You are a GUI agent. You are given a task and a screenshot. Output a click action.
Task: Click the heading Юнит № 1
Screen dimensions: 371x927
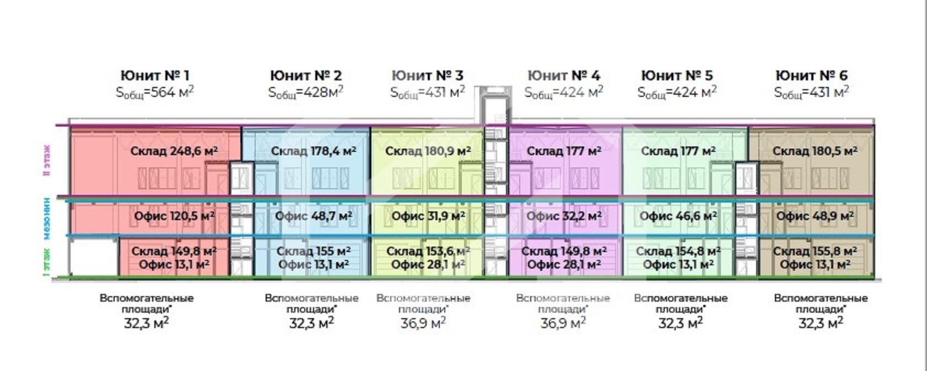pos(155,75)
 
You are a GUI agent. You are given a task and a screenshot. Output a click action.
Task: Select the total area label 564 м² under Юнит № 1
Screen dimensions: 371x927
pos(155,92)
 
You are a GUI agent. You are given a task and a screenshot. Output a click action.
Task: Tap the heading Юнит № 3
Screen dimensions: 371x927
pos(427,75)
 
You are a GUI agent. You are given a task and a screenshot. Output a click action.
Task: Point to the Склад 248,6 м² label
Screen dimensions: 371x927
pos(174,151)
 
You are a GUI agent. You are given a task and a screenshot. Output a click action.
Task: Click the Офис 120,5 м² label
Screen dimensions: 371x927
pos(174,216)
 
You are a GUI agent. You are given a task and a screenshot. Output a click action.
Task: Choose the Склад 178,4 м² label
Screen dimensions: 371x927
pos(313,151)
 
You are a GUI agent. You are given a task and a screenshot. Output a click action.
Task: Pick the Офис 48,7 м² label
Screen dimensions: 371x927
pos(314,216)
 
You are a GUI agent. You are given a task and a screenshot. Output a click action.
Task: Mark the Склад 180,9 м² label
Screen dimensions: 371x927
pos(428,151)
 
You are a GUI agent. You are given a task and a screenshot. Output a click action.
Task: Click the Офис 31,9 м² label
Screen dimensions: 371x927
pos(428,216)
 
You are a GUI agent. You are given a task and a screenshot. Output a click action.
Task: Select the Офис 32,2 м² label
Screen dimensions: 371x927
pos(564,216)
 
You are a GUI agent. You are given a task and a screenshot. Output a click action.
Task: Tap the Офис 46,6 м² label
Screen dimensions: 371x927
pos(678,216)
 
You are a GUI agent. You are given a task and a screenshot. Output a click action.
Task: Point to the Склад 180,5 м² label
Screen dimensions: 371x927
pos(815,151)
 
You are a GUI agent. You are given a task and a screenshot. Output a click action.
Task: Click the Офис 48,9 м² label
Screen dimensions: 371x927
pos(815,216)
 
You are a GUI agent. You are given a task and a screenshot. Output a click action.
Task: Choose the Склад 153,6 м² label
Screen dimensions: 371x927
pos(428,251)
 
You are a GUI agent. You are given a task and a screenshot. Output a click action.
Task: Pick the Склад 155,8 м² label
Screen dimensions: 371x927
pos(815,251)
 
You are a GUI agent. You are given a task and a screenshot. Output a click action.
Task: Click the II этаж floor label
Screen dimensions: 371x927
pos(47,160)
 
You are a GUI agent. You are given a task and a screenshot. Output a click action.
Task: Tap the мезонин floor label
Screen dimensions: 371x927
pos(47,219)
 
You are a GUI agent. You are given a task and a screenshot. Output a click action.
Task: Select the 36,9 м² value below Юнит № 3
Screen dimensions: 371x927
pos(423,323)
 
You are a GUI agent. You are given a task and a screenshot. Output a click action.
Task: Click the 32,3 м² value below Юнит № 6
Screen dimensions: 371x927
pos(821,323)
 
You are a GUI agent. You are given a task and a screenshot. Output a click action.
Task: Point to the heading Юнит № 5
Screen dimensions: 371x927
pos(677,75)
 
